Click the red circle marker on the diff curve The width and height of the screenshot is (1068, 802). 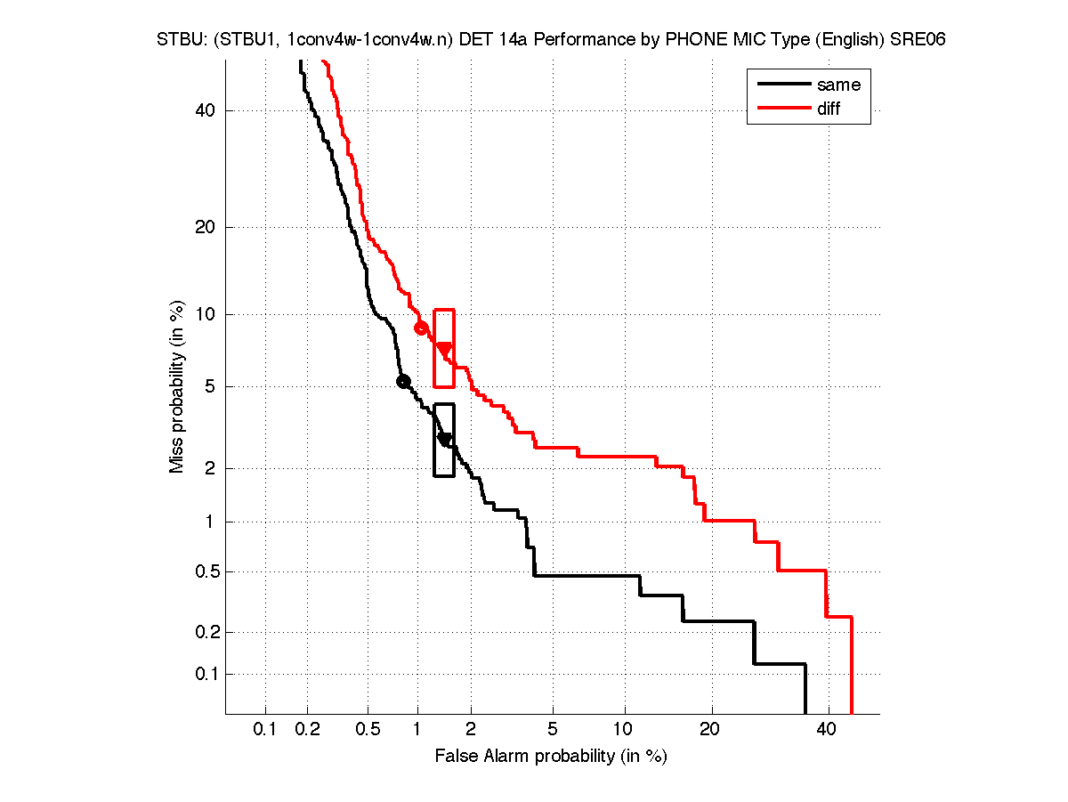point(421,328)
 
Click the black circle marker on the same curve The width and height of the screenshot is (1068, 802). point(402,381)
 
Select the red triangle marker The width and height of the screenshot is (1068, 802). point(444,350)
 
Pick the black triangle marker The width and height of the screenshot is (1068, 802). point(445,440)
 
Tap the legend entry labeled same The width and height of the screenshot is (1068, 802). point(838,85)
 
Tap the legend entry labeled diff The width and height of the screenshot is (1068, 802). point(829,109)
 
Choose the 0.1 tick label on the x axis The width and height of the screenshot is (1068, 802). point(265,731)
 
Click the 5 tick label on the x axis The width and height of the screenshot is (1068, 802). point(553,731)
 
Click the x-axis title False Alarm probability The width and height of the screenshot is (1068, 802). point(551,757)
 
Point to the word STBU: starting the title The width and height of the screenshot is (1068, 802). point(182,40)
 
